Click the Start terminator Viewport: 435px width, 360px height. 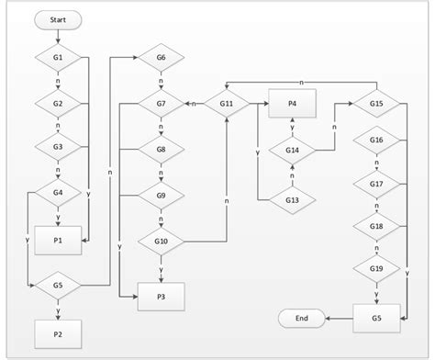[x=58, y=18]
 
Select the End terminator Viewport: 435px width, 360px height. [x=301, y=319]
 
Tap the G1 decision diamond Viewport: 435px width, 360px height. [x=58, y=58]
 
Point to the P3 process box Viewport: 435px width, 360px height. [x=162, y=296]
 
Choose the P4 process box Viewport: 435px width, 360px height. [x=292, y=104]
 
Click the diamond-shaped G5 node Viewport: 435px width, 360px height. [x=58, y=285]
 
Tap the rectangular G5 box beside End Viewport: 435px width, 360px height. [x=376, y=319]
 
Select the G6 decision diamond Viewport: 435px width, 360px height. [x=162, y=58]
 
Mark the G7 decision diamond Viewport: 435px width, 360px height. [x=162, y=104]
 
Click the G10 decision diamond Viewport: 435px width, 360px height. [x=162, y=242]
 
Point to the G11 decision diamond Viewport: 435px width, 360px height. [x=226, y=104]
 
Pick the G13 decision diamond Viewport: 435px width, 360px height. [x=292, y=200]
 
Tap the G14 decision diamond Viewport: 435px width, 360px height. [x=292, y=150]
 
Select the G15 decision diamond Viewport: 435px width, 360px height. [x=376, y=104]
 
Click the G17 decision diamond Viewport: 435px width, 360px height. [x=376, y=183]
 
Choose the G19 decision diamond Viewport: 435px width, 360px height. [x=376, y=268]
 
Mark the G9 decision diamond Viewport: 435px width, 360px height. [x=162, y=195]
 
